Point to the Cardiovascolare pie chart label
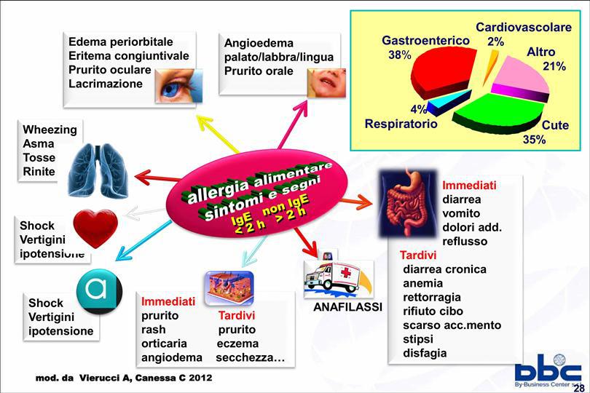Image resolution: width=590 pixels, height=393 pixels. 524,28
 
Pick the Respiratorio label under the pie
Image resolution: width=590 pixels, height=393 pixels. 401,124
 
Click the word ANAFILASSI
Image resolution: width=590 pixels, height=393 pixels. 347,307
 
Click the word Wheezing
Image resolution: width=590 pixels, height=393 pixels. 50,130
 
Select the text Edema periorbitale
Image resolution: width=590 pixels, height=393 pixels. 121,41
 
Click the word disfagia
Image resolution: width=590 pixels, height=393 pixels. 425,353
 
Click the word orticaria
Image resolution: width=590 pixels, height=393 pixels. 164,344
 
